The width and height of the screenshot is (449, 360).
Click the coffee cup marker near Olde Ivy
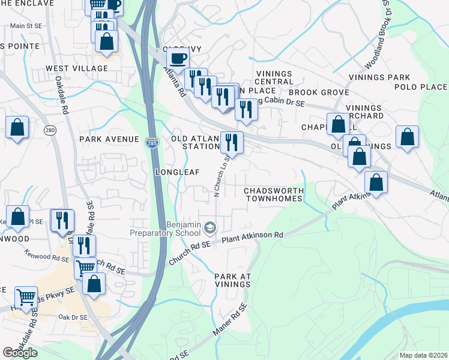pyautogui.click(x=178, y=59)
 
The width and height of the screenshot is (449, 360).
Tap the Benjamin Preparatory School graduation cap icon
pyautogui.click(x=210, y=227)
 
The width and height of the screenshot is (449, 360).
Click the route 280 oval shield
pyautogui.click(x=49, y=130)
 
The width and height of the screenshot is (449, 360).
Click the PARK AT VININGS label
pyautogui.click(x=232, y=281)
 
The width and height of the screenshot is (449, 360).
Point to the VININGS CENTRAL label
pyautogui.click(x=274, y=77)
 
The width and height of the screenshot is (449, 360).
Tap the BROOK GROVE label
pyautogui.click(x=319, y=92)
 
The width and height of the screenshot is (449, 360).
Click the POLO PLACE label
pyautogui.click(x=421, y=87)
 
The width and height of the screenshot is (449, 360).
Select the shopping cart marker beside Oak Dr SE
pyautogui.click(x=26, y=297)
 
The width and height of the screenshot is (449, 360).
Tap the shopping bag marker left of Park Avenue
pyautogui.click(x=17, y=127)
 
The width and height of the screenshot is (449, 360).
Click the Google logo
pyautogui.click(x=20, y=353)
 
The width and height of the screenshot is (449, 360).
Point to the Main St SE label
pyautogui.click(x=25, y=26)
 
